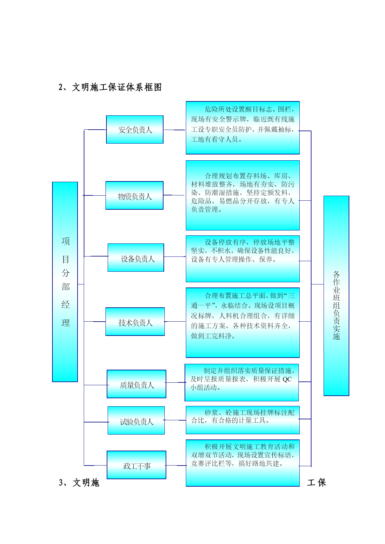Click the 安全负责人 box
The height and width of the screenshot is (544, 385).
pyautogui.click(x=135, y=130)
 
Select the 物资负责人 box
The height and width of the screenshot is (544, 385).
pyautogui.click(x=134, y=195)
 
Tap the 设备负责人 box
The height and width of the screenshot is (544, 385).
pyautogui.click(x=136, y=257)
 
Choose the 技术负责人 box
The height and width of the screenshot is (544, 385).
pyautogui.click(x=135, y=322)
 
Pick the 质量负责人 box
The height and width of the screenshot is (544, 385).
pyautogui.click(x=137, y=384)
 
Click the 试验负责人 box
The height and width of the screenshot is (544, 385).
pyautogui.click(x=136, y=420)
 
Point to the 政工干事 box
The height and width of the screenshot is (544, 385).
pyautogui.click(x=137, y=465)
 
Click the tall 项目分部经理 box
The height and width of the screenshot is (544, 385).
pyautogui.click(x=65, y=282)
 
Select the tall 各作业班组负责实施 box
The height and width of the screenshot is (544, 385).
pyautogui.click(x=336, y=296)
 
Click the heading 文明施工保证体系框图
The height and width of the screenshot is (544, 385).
pyautogui.click(x=117, y=87)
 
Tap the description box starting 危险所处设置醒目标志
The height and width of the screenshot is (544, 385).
pyautogui.click(x=243, y=128)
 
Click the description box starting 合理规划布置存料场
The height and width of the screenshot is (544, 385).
pyautogui.click(x=243, y=195)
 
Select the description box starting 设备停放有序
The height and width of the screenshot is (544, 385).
pyautogui.click(x=243, y=259)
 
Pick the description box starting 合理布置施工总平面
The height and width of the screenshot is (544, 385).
pyautogui.click(x=243, y=323)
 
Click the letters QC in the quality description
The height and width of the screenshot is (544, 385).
pyautogui.click(x=287, y=379)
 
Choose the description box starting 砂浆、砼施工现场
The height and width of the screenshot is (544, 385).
pyautogui.click(x=243, y=420)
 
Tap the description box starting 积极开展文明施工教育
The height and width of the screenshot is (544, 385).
pyautogui.click(x=243, y=463)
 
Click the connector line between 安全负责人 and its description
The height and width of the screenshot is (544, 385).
pyautogui.click(x=175, y=130)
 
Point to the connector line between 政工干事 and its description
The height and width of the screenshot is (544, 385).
pyautogui.click(x=176, y=465)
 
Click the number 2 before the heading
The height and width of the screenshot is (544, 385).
pyautogui.click(x=61, y=87)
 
